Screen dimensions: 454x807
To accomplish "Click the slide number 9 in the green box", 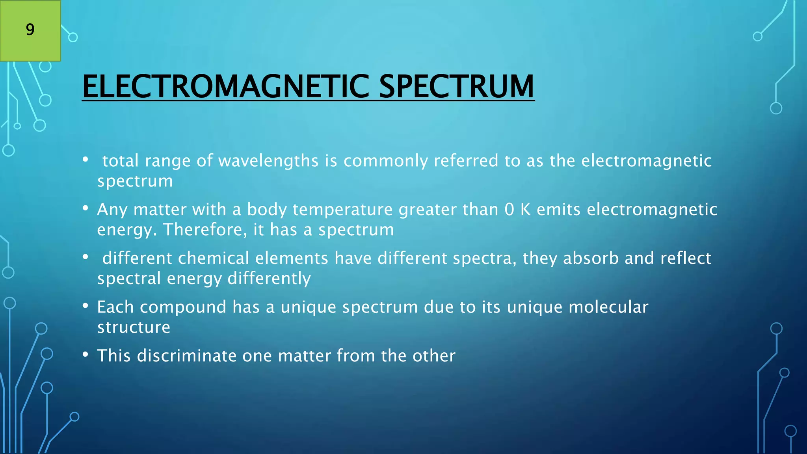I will (30, 30).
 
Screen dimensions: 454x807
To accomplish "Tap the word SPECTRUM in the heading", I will (456, 87).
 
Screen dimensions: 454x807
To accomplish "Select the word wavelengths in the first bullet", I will (268, 161).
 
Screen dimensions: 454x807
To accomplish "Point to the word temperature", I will (342, 210).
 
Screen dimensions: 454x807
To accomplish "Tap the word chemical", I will (214, 259).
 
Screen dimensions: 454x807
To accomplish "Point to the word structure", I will (134, 327).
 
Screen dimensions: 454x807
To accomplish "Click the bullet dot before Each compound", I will (86, 306).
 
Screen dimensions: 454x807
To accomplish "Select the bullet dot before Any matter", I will (86, 208).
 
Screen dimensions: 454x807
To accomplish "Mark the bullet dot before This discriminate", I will (86, 355).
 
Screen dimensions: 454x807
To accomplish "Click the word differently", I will (269, 279).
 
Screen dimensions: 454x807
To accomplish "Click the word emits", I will (558, 210).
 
